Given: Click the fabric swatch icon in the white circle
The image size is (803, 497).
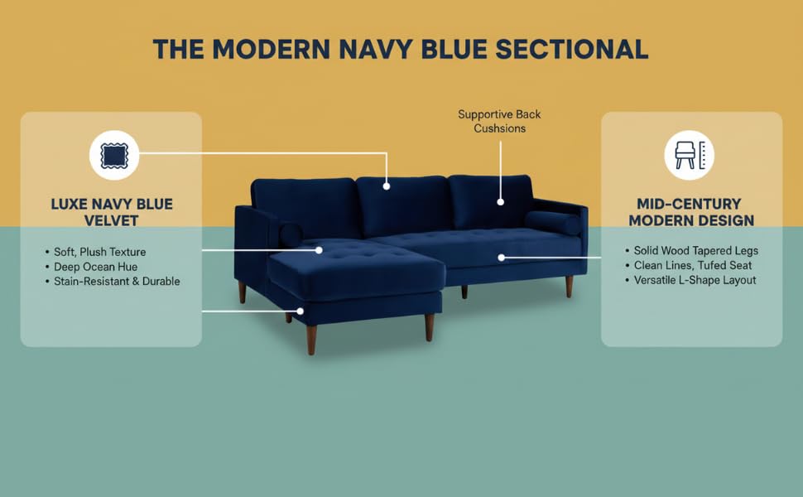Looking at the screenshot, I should click(x=114, y=155).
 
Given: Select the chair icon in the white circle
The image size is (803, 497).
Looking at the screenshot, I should click(x=689, y=155).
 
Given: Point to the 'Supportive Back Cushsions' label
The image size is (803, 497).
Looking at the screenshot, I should click(x=499, y=121).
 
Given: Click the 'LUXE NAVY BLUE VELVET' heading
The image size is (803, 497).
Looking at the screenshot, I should click(x=111, y=211).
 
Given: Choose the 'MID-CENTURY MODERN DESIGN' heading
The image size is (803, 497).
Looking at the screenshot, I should click(x=691, y=211).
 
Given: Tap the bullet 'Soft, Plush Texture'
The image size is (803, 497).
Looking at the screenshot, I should click(x=99, y=252).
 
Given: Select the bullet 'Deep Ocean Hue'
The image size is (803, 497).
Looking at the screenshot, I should click(x=95, y=267).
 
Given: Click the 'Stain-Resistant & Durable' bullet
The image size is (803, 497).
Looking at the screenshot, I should click(x=117, y=282).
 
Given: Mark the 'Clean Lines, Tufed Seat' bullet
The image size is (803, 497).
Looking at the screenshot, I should click(x=690, y=265).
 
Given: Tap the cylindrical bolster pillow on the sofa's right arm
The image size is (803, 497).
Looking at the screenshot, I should click(x=552, y=222).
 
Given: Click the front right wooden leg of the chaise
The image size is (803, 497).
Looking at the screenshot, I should click(x=429, y=326).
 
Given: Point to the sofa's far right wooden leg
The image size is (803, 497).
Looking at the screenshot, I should click(x=569, y=287).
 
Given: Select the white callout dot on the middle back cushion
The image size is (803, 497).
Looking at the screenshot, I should click(x=387, y=186).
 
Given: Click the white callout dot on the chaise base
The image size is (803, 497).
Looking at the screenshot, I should click(x=301, y=311).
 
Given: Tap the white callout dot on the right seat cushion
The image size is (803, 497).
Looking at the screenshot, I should click(x=502, y=258).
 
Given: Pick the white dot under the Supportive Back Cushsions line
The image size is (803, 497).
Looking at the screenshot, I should click(x=501, y=201).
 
